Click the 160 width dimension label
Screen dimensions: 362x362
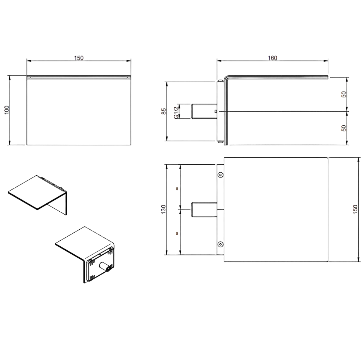[x=272, y=58]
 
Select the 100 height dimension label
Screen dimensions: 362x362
[x=7, y=110]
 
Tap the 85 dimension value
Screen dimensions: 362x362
[x=164, y=111]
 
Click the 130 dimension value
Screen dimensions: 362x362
[x=164, y=209]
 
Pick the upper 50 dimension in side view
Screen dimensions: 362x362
[x=344, y=94]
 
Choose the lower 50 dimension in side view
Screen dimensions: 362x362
[x=344, y=128]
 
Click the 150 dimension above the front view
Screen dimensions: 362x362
[x=79, y=58]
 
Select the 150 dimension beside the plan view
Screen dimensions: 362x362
[x=355, y=209]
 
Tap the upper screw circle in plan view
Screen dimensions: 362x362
[x=221, y=175]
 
